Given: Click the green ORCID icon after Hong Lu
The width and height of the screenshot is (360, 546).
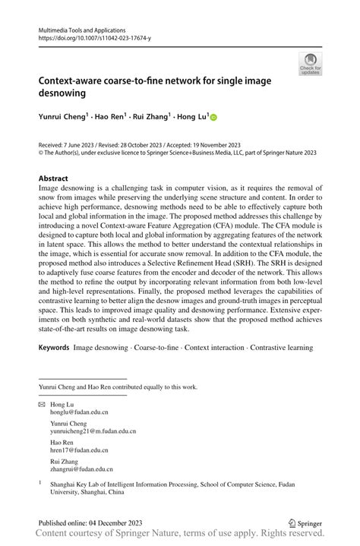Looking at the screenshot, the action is (213, 118).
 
